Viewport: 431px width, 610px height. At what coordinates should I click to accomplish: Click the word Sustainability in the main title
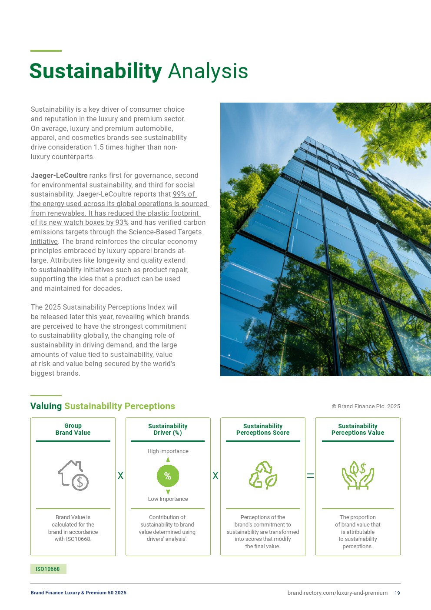[x=96, y=71]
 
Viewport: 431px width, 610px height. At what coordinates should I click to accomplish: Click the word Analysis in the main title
[x=208, y=71]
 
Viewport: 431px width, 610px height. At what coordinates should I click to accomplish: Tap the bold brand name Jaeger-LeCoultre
[x=59, y=176]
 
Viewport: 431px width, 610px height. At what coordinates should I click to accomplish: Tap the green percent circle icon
[x=168, y=476]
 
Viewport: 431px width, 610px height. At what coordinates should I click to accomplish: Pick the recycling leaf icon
[x=263, y=475]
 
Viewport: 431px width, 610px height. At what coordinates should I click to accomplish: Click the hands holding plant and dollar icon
[x=358, y=475]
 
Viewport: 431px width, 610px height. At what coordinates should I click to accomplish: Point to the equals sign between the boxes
[x=310, y=476]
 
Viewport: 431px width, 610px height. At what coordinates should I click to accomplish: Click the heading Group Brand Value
[x=73, y=429]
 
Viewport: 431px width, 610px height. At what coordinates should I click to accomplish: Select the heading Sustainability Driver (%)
[x=168, y=429]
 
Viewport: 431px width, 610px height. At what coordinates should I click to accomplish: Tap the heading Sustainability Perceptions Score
[x=263, y=429]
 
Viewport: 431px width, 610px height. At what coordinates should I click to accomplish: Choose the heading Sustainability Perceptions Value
[x=358, y=429]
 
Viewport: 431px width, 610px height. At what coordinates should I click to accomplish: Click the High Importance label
[x=168, y=451]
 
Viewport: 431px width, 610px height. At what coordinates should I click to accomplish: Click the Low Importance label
[x=168, y=499]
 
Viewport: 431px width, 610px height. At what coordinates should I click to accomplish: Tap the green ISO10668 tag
[x=48, y=569]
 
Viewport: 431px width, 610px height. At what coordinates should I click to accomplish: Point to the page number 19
[x=397, y=593]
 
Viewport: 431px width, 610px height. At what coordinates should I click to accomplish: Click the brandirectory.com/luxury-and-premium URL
[x=337, y=593]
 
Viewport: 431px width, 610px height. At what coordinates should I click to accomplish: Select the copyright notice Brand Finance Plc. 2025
[x=366, y=407]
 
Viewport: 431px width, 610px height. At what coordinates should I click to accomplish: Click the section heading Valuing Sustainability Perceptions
[x=103, y=406]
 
